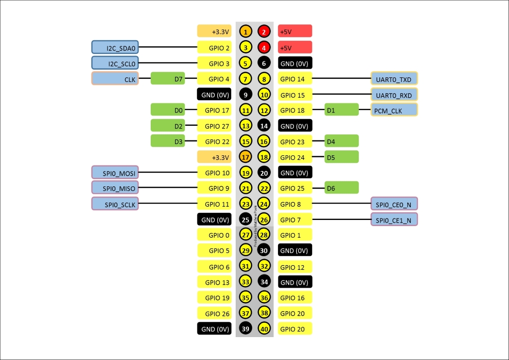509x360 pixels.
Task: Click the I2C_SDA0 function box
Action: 115,47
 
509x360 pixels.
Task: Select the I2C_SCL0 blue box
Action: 115,63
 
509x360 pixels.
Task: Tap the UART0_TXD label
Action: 394,79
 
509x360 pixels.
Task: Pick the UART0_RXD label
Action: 394,95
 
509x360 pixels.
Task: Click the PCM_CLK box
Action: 394,110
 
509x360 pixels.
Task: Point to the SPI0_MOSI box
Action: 115,173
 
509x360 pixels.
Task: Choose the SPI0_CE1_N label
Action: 394,220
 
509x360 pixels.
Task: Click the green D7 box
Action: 167,79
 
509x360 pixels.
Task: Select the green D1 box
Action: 342,110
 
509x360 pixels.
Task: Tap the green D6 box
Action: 342,188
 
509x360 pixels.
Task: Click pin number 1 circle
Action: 245,32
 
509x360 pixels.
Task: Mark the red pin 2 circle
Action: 264,32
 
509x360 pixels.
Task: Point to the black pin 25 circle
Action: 245,220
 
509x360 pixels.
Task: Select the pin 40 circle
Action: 264,329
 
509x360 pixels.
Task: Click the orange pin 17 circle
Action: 245,157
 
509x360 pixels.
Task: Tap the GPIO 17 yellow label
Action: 214,110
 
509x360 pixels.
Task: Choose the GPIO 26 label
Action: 214,313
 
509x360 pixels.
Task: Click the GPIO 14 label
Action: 295,79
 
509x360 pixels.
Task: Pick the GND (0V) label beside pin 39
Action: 214,329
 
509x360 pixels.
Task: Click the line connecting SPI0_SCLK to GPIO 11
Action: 168,204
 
